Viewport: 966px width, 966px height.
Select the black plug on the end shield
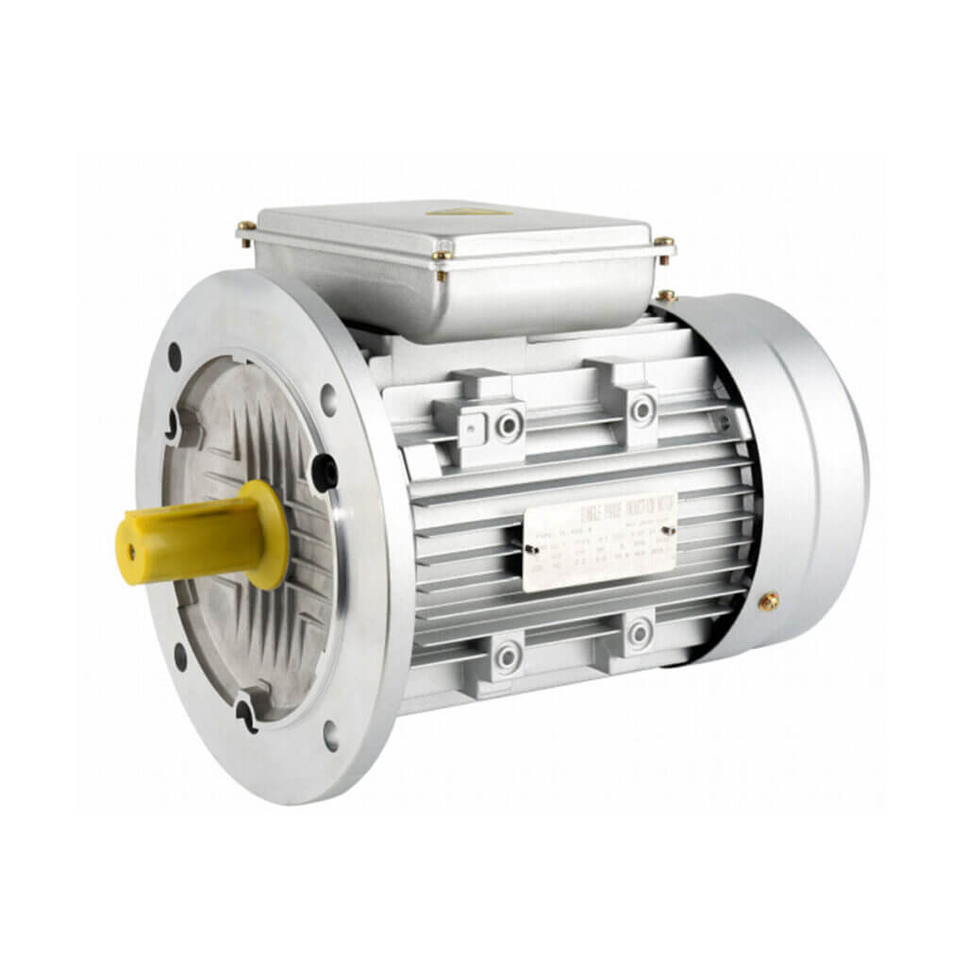[x=324, y=471]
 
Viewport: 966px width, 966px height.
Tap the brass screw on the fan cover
[x=770, y=601]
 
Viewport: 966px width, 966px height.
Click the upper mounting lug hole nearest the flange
[x=509, y=425]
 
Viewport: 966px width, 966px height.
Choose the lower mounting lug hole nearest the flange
[x=508, y=653]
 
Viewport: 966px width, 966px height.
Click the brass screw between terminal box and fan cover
[x=666, y=295]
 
